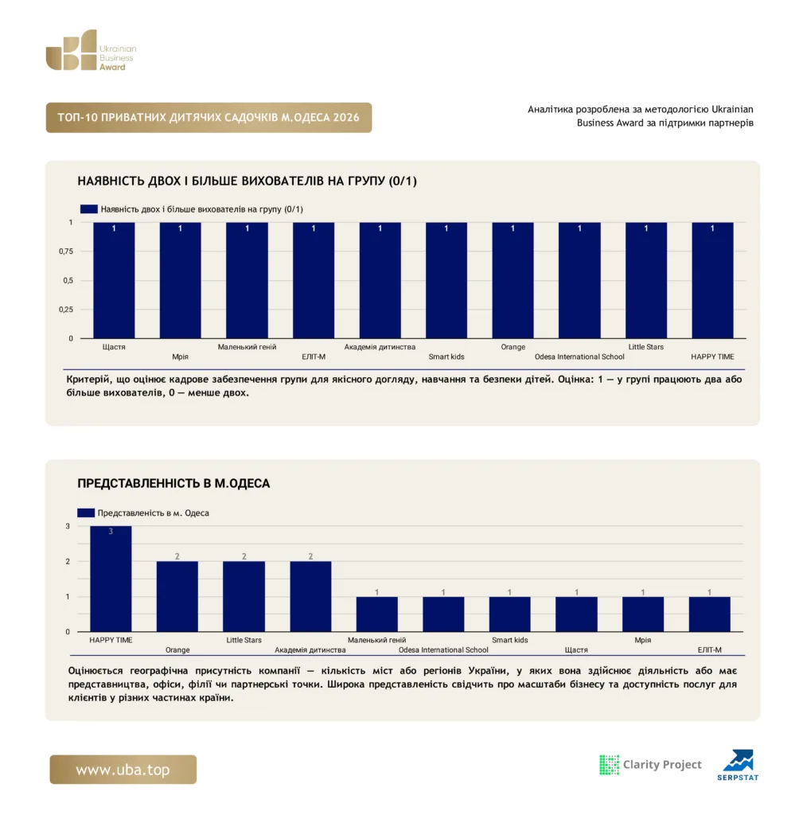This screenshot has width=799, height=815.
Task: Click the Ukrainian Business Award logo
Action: [x=91, y=50]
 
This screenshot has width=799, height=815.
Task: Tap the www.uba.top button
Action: [x=123, y=770]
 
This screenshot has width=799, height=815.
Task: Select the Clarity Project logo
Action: [x=650, y=765]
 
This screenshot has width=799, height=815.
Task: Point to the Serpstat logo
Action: [x=738, y=765]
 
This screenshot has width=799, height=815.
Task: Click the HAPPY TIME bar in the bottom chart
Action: [x=111, y=579]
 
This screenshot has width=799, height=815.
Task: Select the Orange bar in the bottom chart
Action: [x=177, y=597]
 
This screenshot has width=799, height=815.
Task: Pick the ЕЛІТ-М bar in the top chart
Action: [x=314, y=281]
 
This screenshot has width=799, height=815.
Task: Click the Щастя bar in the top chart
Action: [x=114, y=281]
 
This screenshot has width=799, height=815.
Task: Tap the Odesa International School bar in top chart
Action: [x=579, y=281]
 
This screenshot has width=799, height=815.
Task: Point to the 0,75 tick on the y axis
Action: [x=66, y=252]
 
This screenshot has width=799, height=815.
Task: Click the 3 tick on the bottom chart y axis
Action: [x=68, y=526]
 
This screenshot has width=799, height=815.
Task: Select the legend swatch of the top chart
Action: [x=89, y=209]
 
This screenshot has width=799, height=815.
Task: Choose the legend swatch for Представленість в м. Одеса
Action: [x=86, y=513]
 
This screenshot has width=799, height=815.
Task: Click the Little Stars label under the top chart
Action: [x=646, y=347]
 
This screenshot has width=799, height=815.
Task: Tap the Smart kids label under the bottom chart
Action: [x=510, y=640]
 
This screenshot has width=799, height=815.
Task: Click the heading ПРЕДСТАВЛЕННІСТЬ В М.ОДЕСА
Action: [x=173, y=483]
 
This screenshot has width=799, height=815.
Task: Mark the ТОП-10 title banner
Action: [x=209, y=118]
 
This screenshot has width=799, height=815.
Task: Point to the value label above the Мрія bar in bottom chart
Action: [x=643, y=592]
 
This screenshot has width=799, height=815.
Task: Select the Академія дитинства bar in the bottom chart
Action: [x=310, y=597]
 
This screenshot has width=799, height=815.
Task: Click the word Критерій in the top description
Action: [x=86, y=380]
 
